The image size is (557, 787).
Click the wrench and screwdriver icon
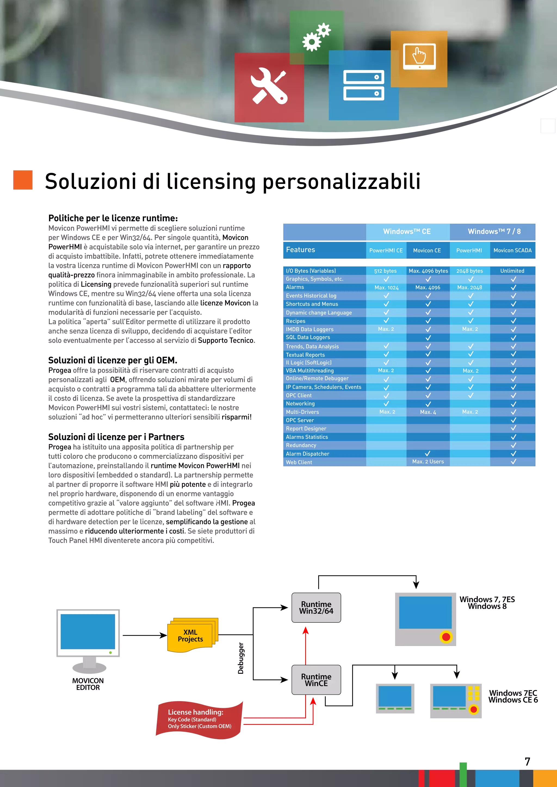pyautogui.click(x=269, y=86)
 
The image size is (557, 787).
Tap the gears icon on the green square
pyautogui.click(x=316, y=37)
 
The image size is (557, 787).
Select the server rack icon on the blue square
pyautogui.click(x=364, y=85)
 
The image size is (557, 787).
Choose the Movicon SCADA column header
pyautogui.click(x=512, y=251)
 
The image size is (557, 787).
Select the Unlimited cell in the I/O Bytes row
pyautogui.click(x=512, y=271)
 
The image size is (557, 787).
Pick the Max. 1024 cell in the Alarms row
pyautogui.click(x=386, y=288)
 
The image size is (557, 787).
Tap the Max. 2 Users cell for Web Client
pyautogui.click(x=428, y=462)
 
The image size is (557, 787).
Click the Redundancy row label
pyautogui.click(x=301, y=445)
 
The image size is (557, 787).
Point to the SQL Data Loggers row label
pyautogui.click(x=308, y=337)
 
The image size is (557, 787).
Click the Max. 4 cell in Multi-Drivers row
pyautogui.click(x=428, y=412)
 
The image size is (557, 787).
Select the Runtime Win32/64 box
pyautogui.click(x=316, y=608)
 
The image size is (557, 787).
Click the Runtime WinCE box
pyautogui.click(x=316, y=680)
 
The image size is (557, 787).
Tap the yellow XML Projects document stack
pyautogui.click(x=192, y=635)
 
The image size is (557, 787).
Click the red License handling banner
pyautogui.click(x=200, y=719)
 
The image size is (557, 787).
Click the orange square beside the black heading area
pyautogui.click(x=23, y=180)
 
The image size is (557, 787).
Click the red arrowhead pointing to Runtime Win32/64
pyautogui.click(x=306, y=631)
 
